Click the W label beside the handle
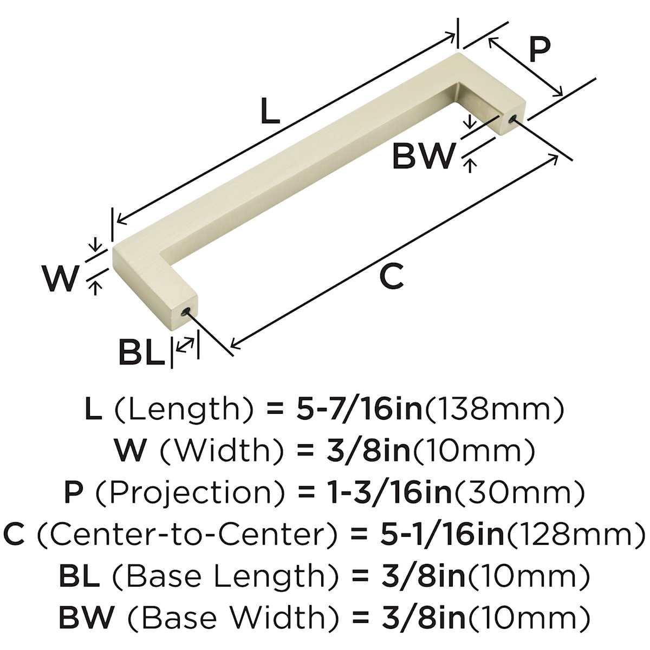[61, 278]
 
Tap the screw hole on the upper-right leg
[512, 118]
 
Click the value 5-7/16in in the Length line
[360, 408]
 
